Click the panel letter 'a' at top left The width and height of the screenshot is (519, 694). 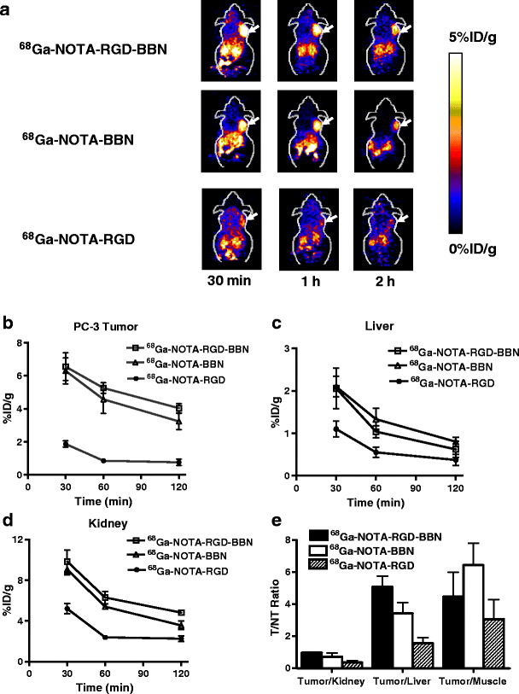click(x=9, y=8)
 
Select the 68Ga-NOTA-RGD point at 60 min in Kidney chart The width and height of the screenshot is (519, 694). click(x=105, y=637)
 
